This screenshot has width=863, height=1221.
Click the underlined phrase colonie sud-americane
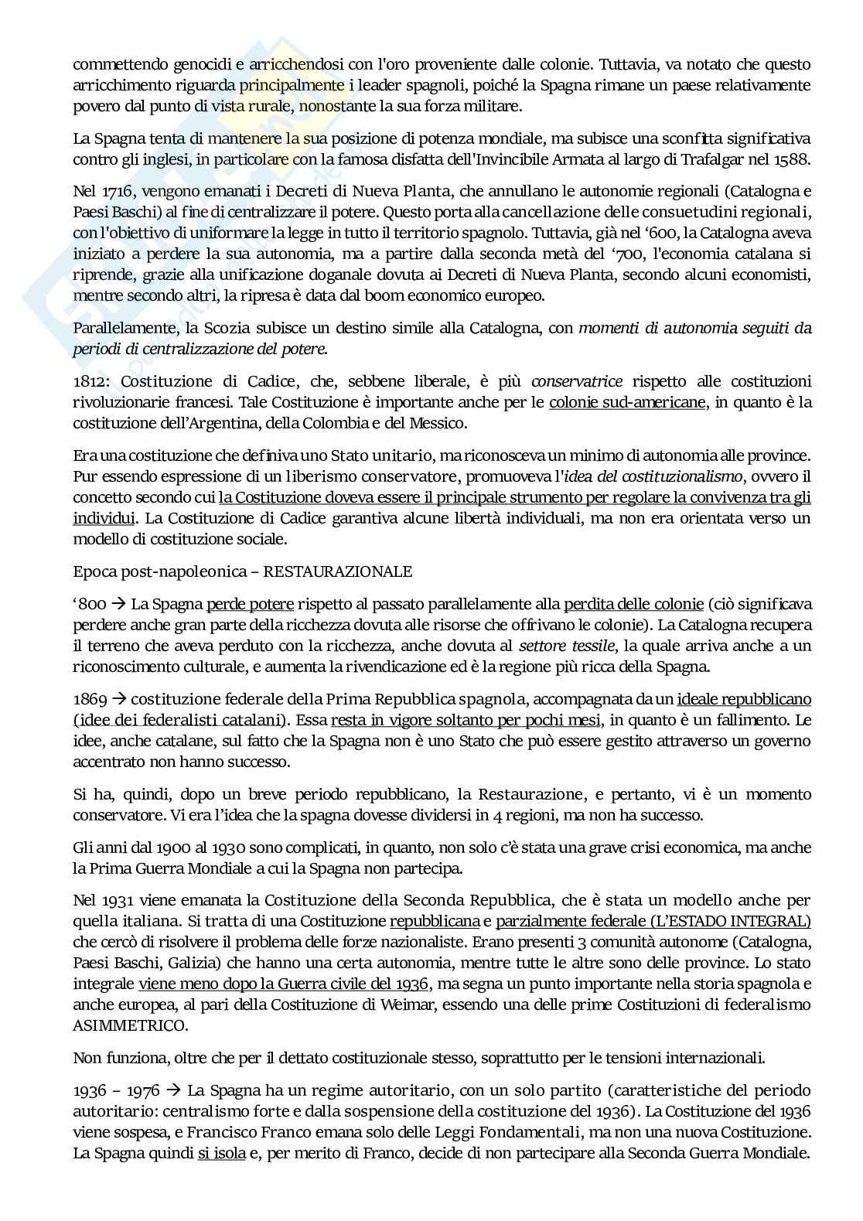click(627, 401)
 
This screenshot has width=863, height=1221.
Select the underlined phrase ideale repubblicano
click(744, 699)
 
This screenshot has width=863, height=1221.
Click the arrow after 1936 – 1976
click(174, 1090)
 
